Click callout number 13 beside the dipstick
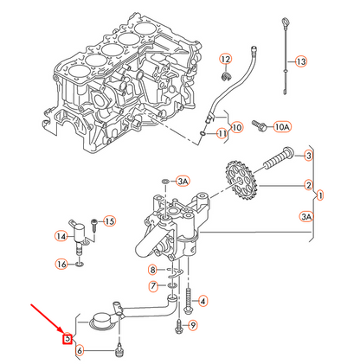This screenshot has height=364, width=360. click(x=300, y=61)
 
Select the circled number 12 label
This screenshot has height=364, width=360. click(x=226, y=59)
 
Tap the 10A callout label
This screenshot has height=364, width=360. click(x=282, y=126)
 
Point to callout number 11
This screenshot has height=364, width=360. click(x=222, y=134)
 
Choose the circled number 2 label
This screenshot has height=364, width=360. click(x=308, y=184)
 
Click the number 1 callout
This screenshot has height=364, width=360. click(x=321, y=195)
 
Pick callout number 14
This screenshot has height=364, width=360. click(x=61, y=235)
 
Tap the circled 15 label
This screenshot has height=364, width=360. click(x=110, y=221)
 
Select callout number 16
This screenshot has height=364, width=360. click(x=61, y=264)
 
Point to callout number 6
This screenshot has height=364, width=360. click(x=79, y=350)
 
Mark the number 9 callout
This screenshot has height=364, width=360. click(x=192, y=325)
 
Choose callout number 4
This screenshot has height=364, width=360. click(x=202, y=301)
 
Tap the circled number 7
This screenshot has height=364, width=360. click(x=153, y=285)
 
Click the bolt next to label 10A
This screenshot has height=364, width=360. click(x=258, y=126)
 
